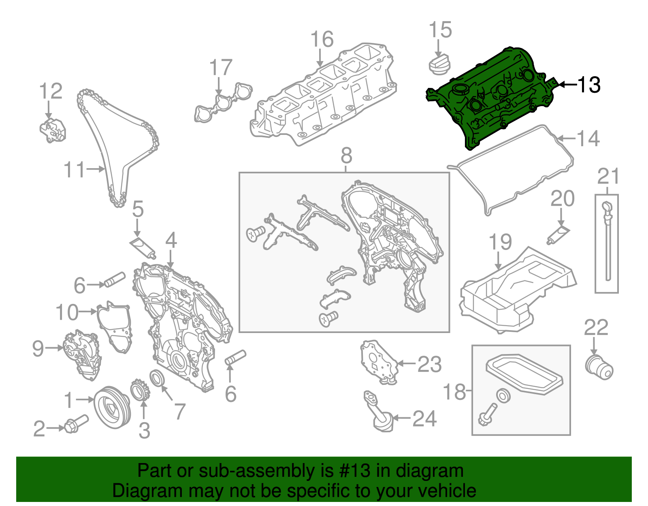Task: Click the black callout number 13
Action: (x=588, y=85)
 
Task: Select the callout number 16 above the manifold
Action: (x=322, y=40)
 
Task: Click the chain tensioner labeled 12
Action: (x=53, y=130)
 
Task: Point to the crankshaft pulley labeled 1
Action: (x=112, y=408)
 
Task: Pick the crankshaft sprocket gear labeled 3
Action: (x=140, y=390)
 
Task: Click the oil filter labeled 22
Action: (x=599, y=367)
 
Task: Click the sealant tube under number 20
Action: (x=558, y=235)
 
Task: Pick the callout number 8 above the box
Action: (x=346, y=156)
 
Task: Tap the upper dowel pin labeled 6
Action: (x=115, y=280)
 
